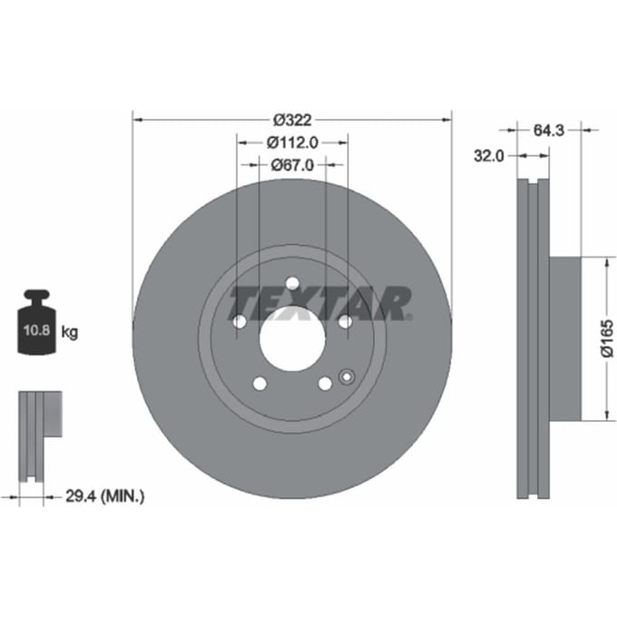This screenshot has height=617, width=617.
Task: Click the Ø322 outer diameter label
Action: pos(292,120)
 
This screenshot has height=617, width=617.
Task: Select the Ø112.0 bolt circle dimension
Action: pos(292,142)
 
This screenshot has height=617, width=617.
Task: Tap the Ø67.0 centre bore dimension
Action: pos(292,165)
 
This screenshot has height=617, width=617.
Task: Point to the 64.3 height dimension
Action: pos(549,131)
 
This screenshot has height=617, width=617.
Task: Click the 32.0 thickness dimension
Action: pos(488,156)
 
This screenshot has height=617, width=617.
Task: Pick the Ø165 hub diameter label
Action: pos(607,338)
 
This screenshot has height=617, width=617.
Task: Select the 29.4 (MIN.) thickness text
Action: pos(104,496)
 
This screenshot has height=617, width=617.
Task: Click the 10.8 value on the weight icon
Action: pos(36,329)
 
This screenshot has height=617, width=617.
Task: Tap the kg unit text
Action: pos(70,332)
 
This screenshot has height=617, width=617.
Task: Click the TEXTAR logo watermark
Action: pos(319,303)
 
